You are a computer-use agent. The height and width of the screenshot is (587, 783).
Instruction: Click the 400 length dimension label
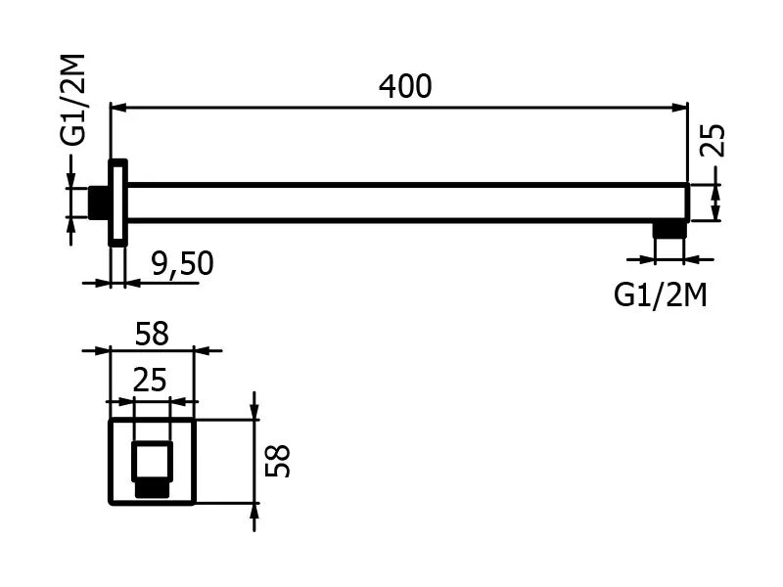(x=405, y=86)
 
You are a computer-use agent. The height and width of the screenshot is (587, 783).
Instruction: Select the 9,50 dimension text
(x=183, y=263)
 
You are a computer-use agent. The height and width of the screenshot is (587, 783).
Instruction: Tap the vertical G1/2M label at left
(x=73, y=100)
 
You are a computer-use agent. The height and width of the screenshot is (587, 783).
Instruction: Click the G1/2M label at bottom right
(x=660, y=294)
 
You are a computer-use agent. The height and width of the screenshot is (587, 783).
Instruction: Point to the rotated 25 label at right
(x=713, y=140)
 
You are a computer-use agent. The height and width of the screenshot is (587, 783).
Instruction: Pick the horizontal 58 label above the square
(x=153, y=334)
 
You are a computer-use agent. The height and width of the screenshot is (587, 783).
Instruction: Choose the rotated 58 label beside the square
(x=277, y=460)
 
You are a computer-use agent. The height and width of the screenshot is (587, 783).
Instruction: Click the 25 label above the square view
(x=150, y=381)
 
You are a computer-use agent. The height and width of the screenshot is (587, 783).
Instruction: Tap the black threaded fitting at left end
(x=98, y=203)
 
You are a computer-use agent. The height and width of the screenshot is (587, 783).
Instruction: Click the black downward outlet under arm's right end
(x=668, y=230)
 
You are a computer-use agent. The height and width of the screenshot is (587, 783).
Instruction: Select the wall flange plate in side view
(x=117, y=203)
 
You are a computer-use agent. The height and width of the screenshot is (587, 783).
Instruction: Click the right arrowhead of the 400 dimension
(x=680, y=108)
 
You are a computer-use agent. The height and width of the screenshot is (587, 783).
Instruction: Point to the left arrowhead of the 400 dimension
(x=118, y=108)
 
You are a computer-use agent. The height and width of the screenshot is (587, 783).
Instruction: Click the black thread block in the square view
(x=152, y=490)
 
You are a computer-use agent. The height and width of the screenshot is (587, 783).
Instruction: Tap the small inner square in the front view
(x=152, y=462)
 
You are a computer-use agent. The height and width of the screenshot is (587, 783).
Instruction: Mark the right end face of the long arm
(x=688, y=203)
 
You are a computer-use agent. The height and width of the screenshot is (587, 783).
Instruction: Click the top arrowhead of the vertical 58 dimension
(x=254, y=411)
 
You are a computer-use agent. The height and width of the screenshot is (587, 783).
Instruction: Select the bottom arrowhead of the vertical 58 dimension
(x=254, y=512)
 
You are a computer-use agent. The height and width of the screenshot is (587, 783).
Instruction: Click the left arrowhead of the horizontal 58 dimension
(x=101, y=350)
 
